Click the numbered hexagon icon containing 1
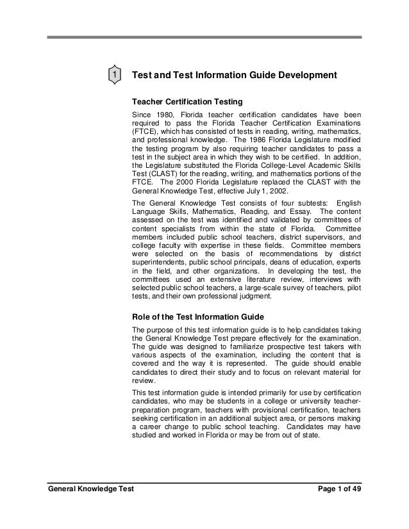[x=113, y=76]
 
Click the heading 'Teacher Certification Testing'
[x=187, y=101]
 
